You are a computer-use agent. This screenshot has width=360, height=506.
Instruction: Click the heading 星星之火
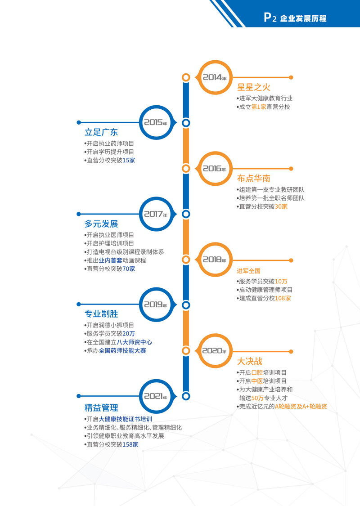254,87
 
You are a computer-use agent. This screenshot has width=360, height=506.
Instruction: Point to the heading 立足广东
101,132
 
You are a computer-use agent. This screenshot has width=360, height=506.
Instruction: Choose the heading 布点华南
254,178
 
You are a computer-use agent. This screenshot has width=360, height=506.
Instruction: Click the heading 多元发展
101,224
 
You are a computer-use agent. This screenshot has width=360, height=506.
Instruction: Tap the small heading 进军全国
248,271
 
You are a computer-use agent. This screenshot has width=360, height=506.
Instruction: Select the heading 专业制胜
101,313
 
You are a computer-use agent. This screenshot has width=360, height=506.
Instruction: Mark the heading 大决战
250,361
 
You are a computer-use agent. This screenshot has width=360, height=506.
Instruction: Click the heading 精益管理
101,407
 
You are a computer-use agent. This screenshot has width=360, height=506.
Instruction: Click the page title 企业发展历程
303,18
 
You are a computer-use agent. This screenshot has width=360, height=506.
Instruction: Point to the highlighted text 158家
130,444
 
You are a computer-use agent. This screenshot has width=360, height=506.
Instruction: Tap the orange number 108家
283,298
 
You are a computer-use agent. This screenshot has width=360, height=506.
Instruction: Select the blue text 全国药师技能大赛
122,350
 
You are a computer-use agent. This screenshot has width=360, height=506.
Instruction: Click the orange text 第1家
259,107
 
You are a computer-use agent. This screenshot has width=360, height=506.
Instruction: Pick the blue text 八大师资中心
134,342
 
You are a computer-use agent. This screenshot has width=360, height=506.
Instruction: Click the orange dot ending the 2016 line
291,169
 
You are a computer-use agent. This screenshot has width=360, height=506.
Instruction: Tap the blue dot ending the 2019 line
79,304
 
